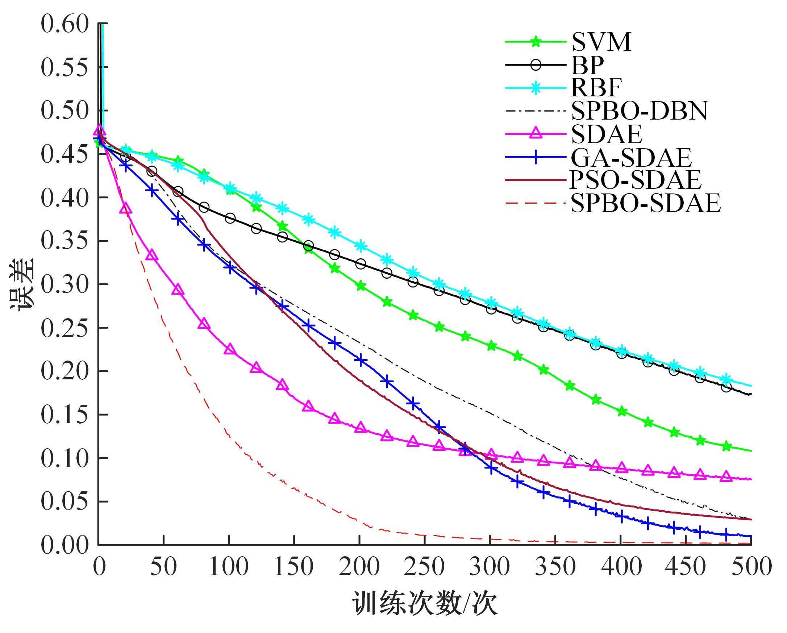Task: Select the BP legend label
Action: tap(588, 65)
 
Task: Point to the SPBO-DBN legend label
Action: tap(639, 111)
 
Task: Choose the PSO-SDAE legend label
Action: tap(635, 180)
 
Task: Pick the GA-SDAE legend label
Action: tap(631, 157)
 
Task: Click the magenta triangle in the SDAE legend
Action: tap(536, 134)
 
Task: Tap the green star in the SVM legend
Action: tap(536, 42)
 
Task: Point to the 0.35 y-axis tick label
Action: tap(64, 241)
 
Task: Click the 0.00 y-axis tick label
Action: tap(64, 545)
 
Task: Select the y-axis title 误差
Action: tap(22, 285)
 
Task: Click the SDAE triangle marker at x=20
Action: tap(126, 209)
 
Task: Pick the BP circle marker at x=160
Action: tap(308, 245)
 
